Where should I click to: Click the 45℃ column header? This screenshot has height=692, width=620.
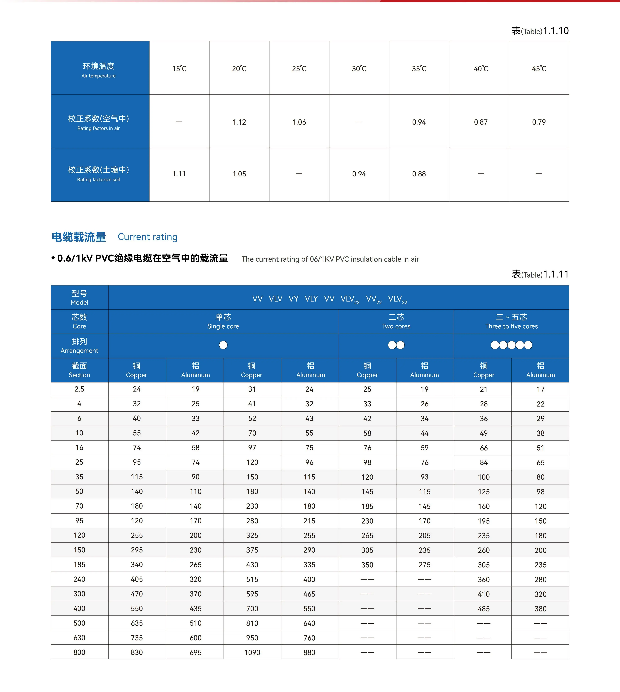pos(539,68)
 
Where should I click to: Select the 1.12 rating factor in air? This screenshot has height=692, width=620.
pos(239,122)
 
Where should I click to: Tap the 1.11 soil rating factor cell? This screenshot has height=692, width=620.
pos(179,174)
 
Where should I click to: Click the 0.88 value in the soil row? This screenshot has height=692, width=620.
pos(419,174)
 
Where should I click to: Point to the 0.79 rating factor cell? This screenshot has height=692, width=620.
pos(539,122)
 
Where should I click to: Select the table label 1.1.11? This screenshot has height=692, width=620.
pos(540,274)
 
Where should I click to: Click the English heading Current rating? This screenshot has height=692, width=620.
pos(147,237)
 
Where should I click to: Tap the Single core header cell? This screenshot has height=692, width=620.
pos(223,321)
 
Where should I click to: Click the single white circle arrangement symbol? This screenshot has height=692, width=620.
pos(223,345)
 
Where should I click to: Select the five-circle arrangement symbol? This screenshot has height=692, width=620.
pos(511,345)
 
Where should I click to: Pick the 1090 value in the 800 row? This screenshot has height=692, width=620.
pos(252,652)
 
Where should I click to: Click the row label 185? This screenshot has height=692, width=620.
pos(79,564)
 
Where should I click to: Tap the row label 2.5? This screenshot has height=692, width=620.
pos(79,389)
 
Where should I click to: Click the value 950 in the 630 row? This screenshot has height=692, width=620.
pos(252,637)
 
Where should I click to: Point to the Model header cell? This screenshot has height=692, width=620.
pos(79,297)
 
